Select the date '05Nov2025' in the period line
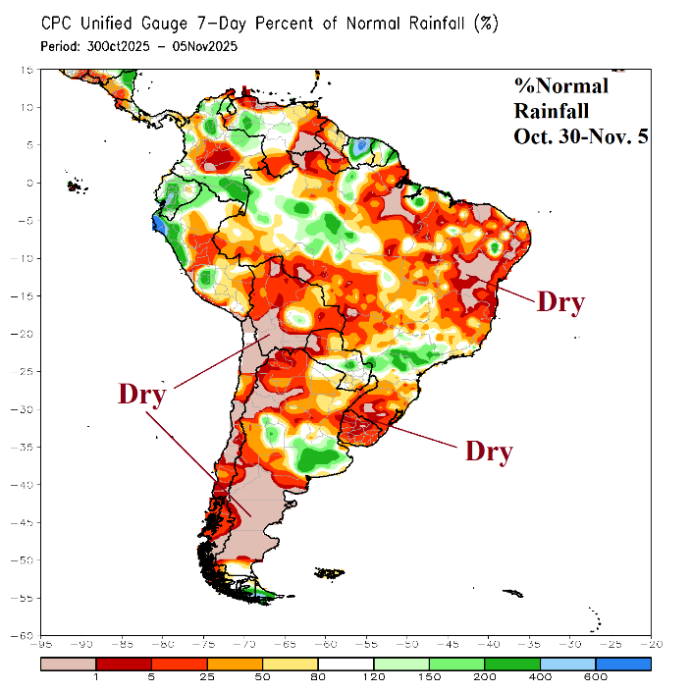[x=201, y=46]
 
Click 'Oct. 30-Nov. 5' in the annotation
[x=580, y=136]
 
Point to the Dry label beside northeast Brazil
[x=559, y=301]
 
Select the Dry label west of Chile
[x=142, y=394]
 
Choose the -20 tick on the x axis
[x=650, y=645]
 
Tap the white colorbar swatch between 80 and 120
[x=347, y=665]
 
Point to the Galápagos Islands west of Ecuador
[x=72, y=185]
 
